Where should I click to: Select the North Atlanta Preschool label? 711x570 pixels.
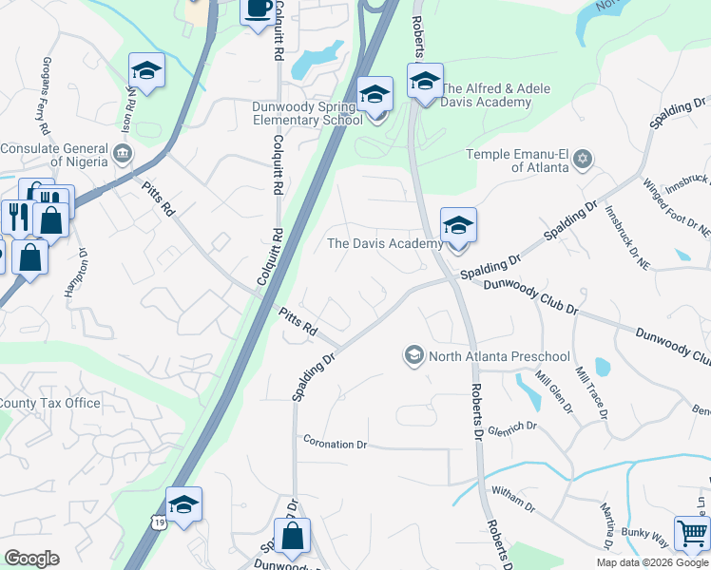tap(499, 356)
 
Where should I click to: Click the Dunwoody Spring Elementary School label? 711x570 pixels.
tap(307, 113)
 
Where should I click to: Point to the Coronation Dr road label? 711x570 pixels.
tap(335, 443)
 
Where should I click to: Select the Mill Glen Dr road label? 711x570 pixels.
tap(555, 390)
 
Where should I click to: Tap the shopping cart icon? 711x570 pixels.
tap(692, 532)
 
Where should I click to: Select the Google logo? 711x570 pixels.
tap(31, 559)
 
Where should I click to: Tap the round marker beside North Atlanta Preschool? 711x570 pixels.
tap(414, 356)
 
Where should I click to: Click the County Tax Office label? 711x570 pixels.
tap(49, 403)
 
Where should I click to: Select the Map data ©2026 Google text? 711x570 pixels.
tap(653, 562)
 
